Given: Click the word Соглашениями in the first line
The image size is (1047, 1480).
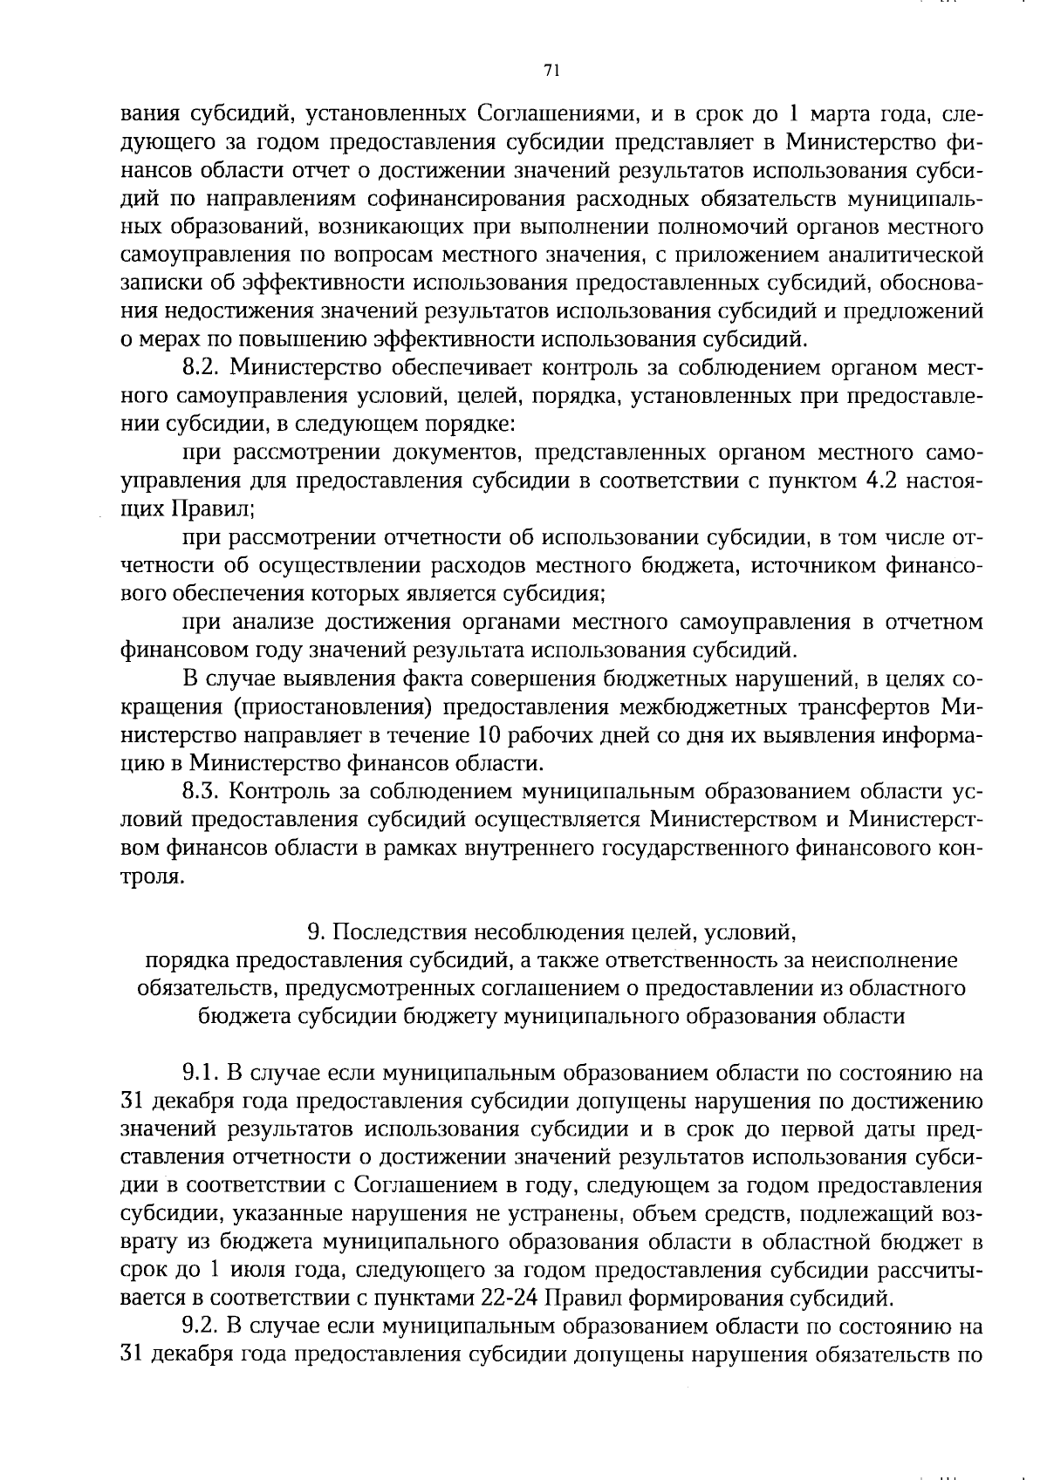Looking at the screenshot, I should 556,114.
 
